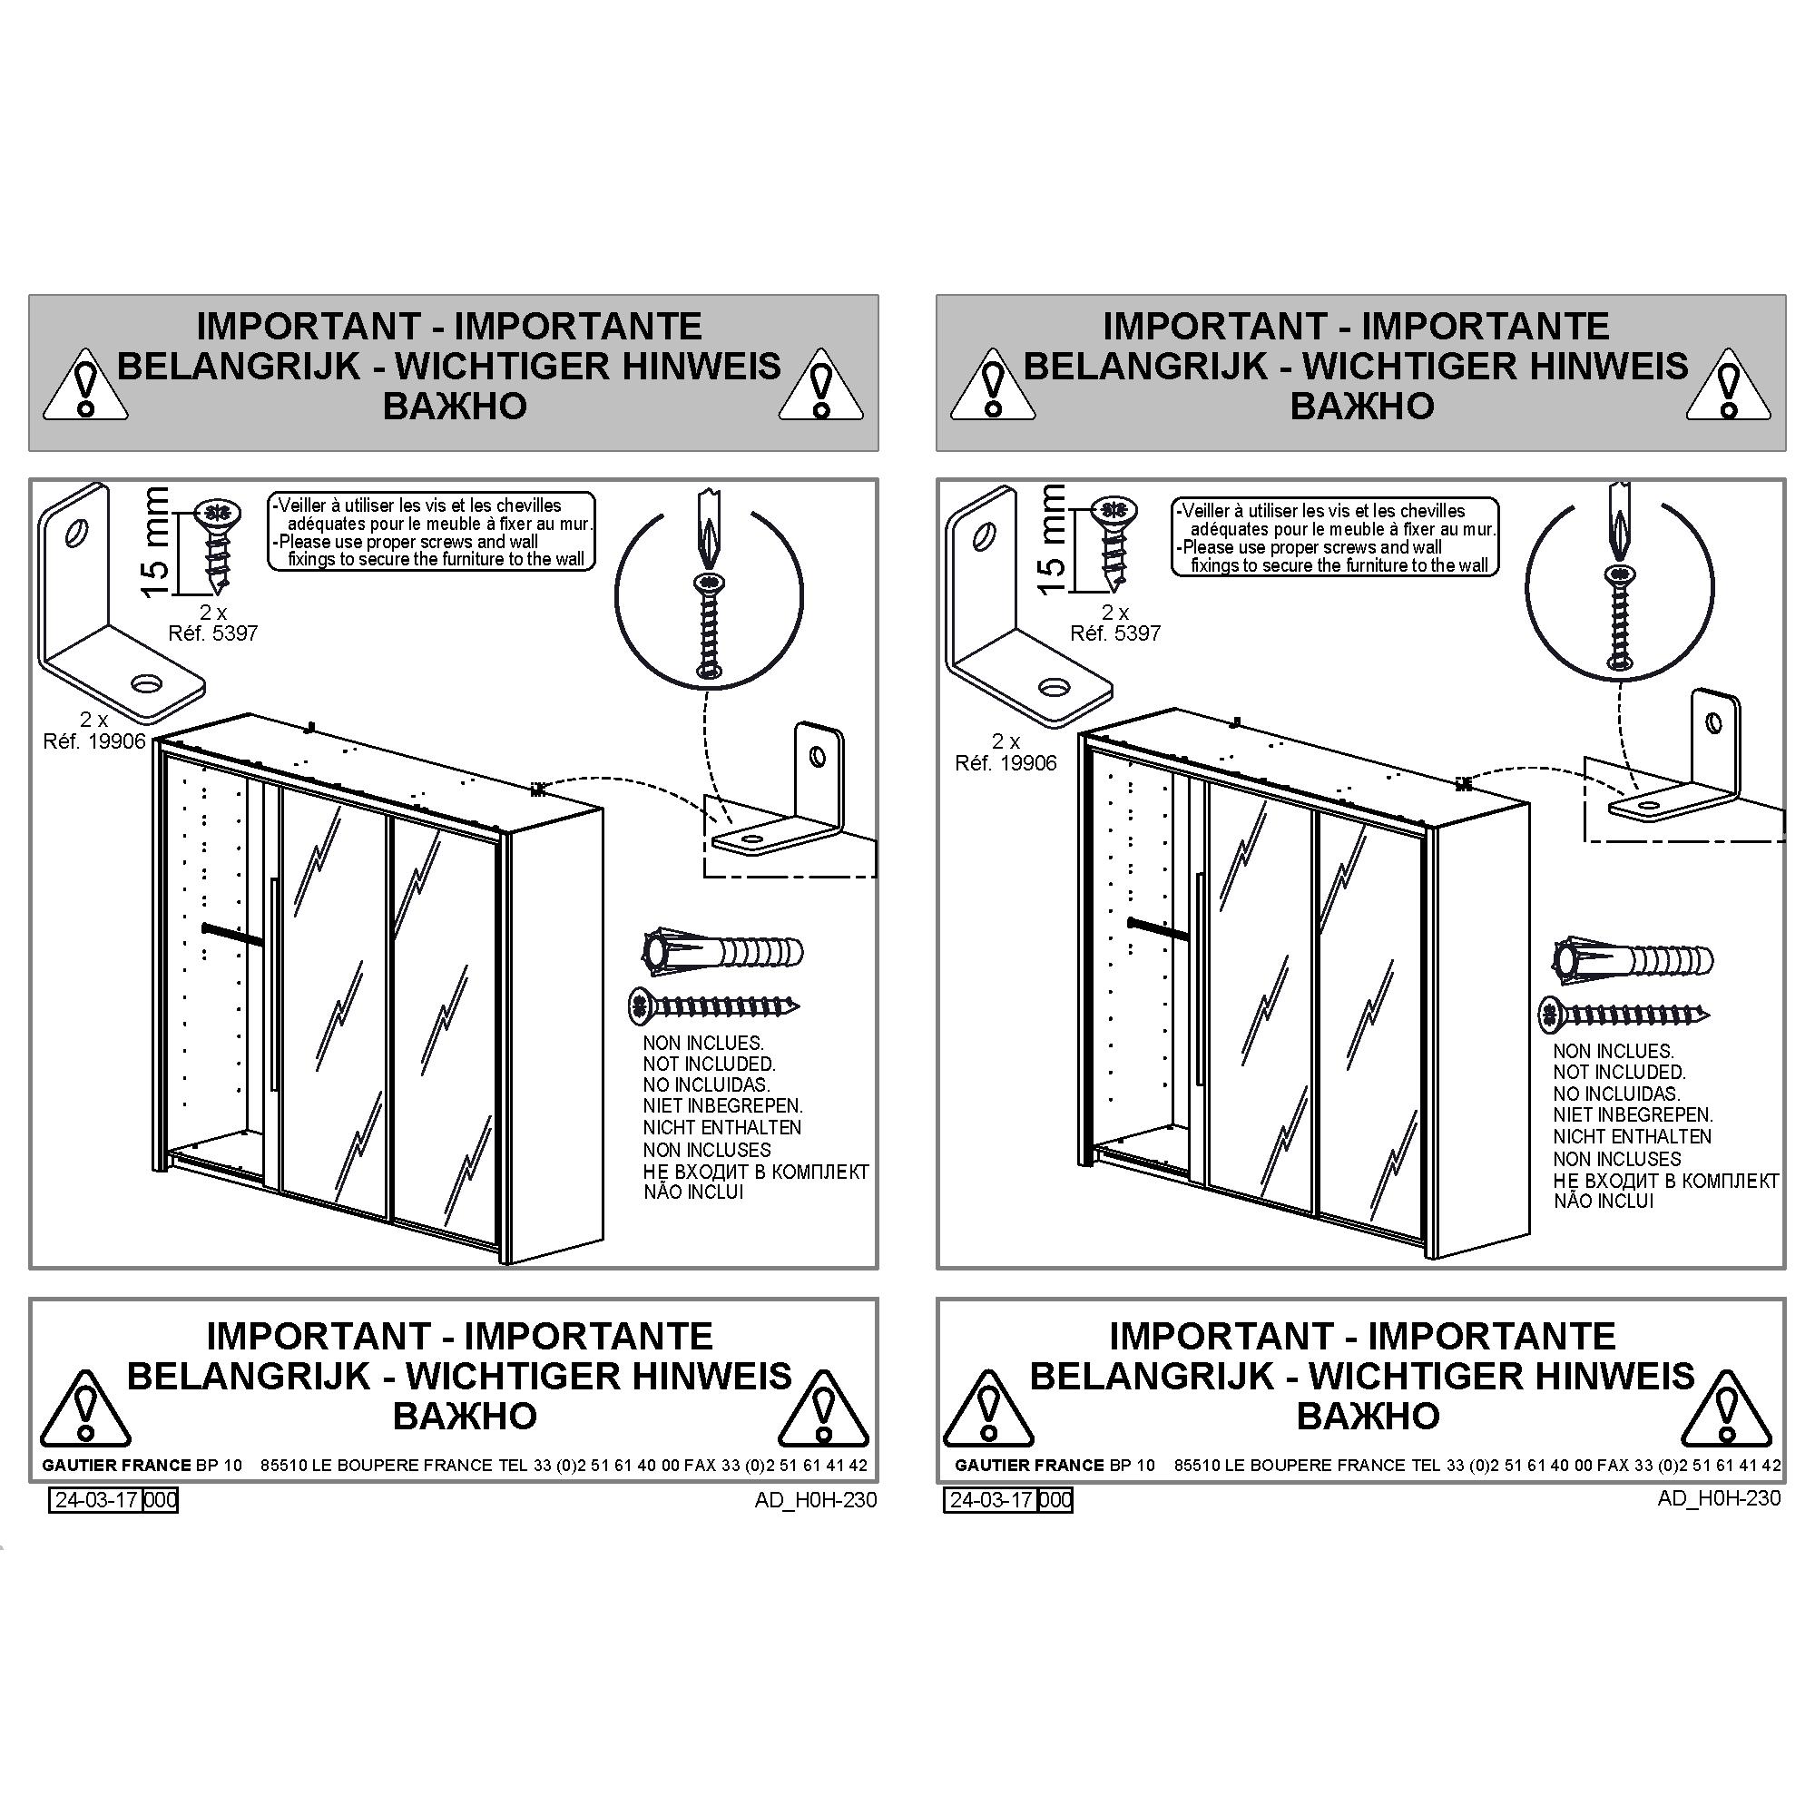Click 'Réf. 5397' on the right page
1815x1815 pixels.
[1115, 633]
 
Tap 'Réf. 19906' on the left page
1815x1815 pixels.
[94, 741]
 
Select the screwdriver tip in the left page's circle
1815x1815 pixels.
[710, 540]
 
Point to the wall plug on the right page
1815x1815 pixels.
[1633, 959]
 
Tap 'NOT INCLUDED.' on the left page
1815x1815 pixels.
[710, 1064]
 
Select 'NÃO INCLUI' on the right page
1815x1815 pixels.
[1603, 1201]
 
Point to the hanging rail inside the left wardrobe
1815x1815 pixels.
[232, 931]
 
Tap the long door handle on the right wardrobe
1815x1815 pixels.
[1200, 978]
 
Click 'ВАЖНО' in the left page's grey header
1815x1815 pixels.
[455, 407]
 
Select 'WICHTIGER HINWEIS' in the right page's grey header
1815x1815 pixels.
[1496, 367]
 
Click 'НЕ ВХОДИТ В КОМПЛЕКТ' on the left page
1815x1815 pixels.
[756, 1172]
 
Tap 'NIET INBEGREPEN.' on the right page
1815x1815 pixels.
[1633, 1115]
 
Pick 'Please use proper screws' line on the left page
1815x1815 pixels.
[408, 542]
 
